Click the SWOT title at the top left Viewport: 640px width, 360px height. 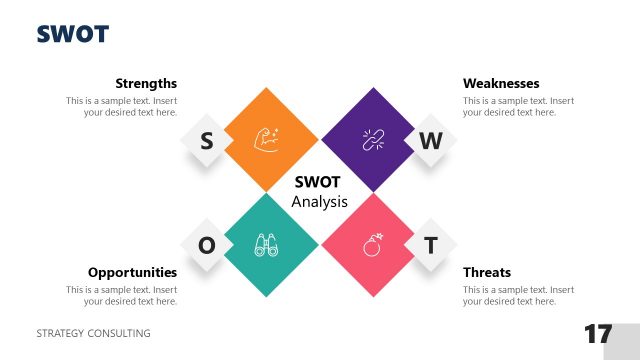tap(72, 34)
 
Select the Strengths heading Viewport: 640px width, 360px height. tap(146, 84)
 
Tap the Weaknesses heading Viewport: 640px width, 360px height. tap(501, 84)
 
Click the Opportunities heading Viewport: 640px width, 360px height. tap(132, 272)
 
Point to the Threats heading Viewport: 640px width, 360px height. tap(487, 272)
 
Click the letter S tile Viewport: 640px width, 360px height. tap(207, 141)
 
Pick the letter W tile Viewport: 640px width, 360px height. tap(431, 141)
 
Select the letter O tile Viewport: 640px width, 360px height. tap(207, 245)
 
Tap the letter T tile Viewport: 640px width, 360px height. tap(431, 245)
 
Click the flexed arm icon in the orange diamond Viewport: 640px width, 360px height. tap(266, 139)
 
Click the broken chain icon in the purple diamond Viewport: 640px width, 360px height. tap(372, 139)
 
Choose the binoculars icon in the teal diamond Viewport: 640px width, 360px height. tap(266, 245)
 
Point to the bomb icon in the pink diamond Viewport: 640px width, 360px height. tap(372, 245)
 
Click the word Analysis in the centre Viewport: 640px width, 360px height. tap(319, 202)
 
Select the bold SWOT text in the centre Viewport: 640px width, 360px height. tap(319, 182)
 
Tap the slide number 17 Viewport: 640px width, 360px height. tap(597, 334)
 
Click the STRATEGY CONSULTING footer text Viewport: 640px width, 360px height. tap(93, 333)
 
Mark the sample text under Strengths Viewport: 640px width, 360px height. tap(122, 107)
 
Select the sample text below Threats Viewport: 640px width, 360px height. tap(518, 295)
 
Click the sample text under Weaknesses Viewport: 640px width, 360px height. tap(518, 107)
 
